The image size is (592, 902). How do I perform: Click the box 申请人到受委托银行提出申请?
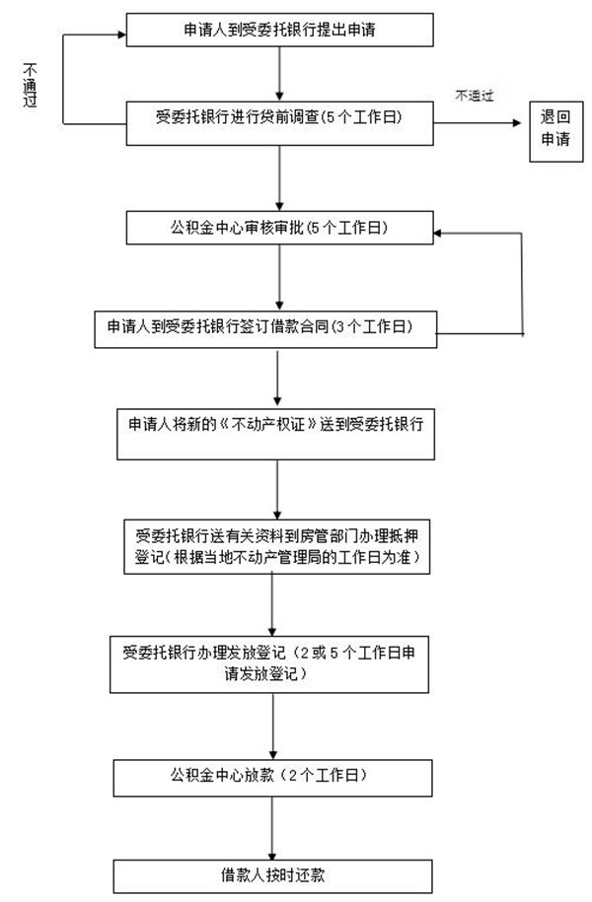pos(280,31)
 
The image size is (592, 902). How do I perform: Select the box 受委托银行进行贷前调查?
pos(280,123)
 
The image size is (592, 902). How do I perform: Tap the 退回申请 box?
pos(556,132)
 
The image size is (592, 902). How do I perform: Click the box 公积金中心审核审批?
pos(280,228)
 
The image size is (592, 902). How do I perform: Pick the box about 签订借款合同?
pos(265,329)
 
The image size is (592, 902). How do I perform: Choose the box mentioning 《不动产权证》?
pos(276,435)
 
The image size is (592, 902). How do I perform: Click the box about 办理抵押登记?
pos(277,547)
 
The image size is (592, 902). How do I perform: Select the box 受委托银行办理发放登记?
pos(269,664)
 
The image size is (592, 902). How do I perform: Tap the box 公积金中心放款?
pos(273,779)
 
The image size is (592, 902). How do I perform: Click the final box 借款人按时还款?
pos(273,876)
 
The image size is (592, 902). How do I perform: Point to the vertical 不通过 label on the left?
pos(30,85)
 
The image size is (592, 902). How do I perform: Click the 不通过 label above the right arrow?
pos(475,96)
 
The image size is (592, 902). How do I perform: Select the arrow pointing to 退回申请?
pos(478,123)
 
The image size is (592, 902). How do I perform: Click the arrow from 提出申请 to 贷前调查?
pos(280,74)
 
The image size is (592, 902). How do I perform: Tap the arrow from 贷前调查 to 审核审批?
pos(280,178)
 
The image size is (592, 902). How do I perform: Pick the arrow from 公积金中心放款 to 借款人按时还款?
pos(272,828)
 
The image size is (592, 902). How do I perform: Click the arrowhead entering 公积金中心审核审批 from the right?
pos(438,233)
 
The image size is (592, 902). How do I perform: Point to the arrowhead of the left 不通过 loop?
pos(122,35)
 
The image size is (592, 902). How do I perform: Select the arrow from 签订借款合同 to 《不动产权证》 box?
pos(277,379)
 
